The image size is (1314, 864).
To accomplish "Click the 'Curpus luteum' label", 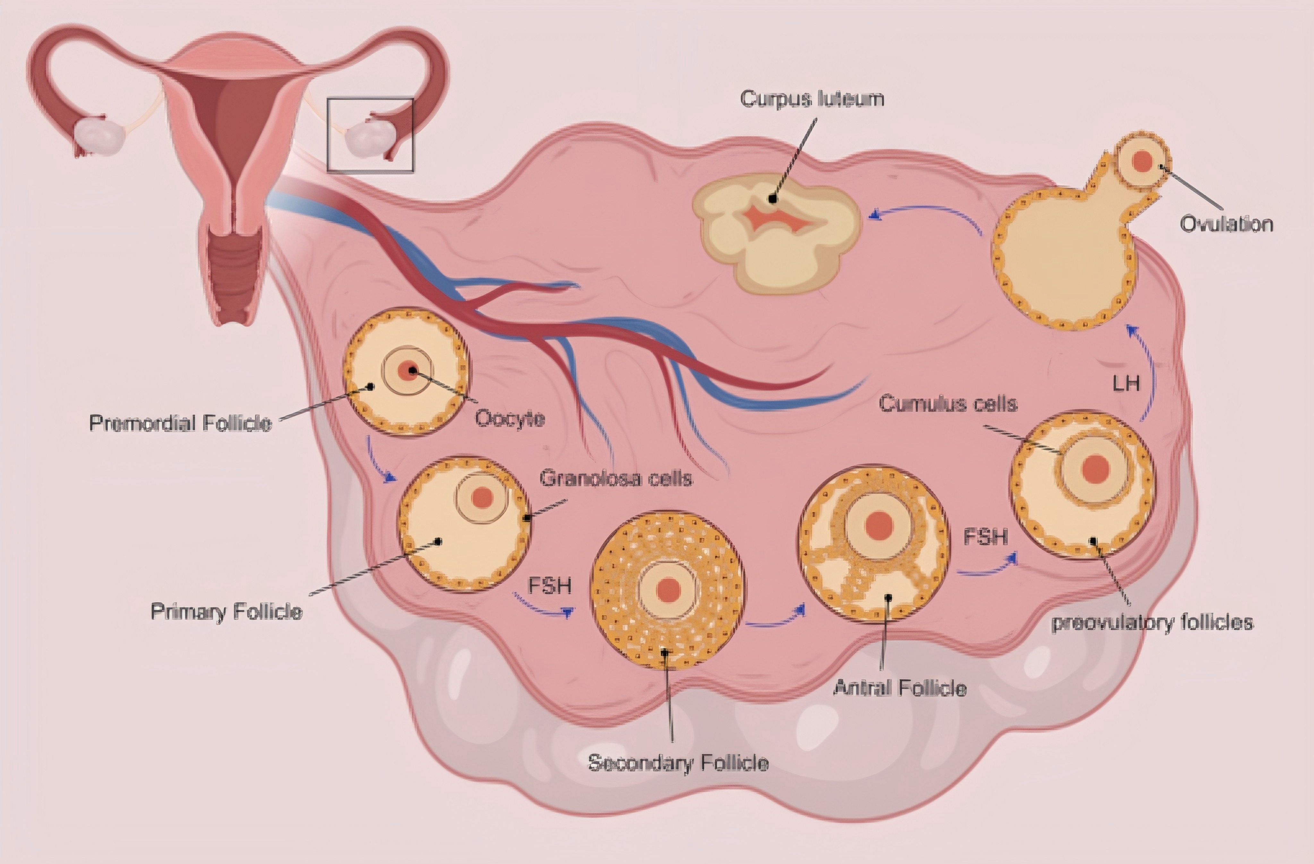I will tap(812, 99).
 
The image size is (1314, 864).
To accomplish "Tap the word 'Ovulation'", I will tap(1226, 224).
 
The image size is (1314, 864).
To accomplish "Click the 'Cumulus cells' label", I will tap(947, 404).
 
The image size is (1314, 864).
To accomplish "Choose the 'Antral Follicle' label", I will tap(900, 688).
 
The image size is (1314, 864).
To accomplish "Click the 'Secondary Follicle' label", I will tap(678, 763).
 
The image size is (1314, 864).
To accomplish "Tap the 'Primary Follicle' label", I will tap(226, 611).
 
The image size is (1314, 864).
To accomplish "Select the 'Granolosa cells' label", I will tap(616, 479).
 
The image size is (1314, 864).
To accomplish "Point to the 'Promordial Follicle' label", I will tap(181, 423).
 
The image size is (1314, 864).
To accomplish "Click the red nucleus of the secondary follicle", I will tap(668, 590).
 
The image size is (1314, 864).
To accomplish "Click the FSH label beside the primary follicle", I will tap(549, 586).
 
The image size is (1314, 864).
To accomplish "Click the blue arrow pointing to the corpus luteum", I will tap(922, 213).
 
